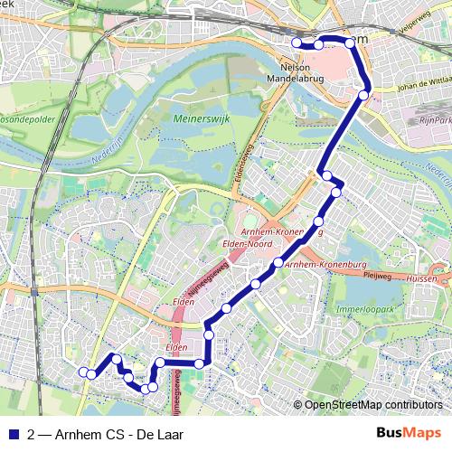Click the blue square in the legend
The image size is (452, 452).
12,434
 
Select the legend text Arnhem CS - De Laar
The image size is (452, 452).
118,434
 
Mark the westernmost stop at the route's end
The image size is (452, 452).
83,372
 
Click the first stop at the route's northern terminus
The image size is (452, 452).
297,42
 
